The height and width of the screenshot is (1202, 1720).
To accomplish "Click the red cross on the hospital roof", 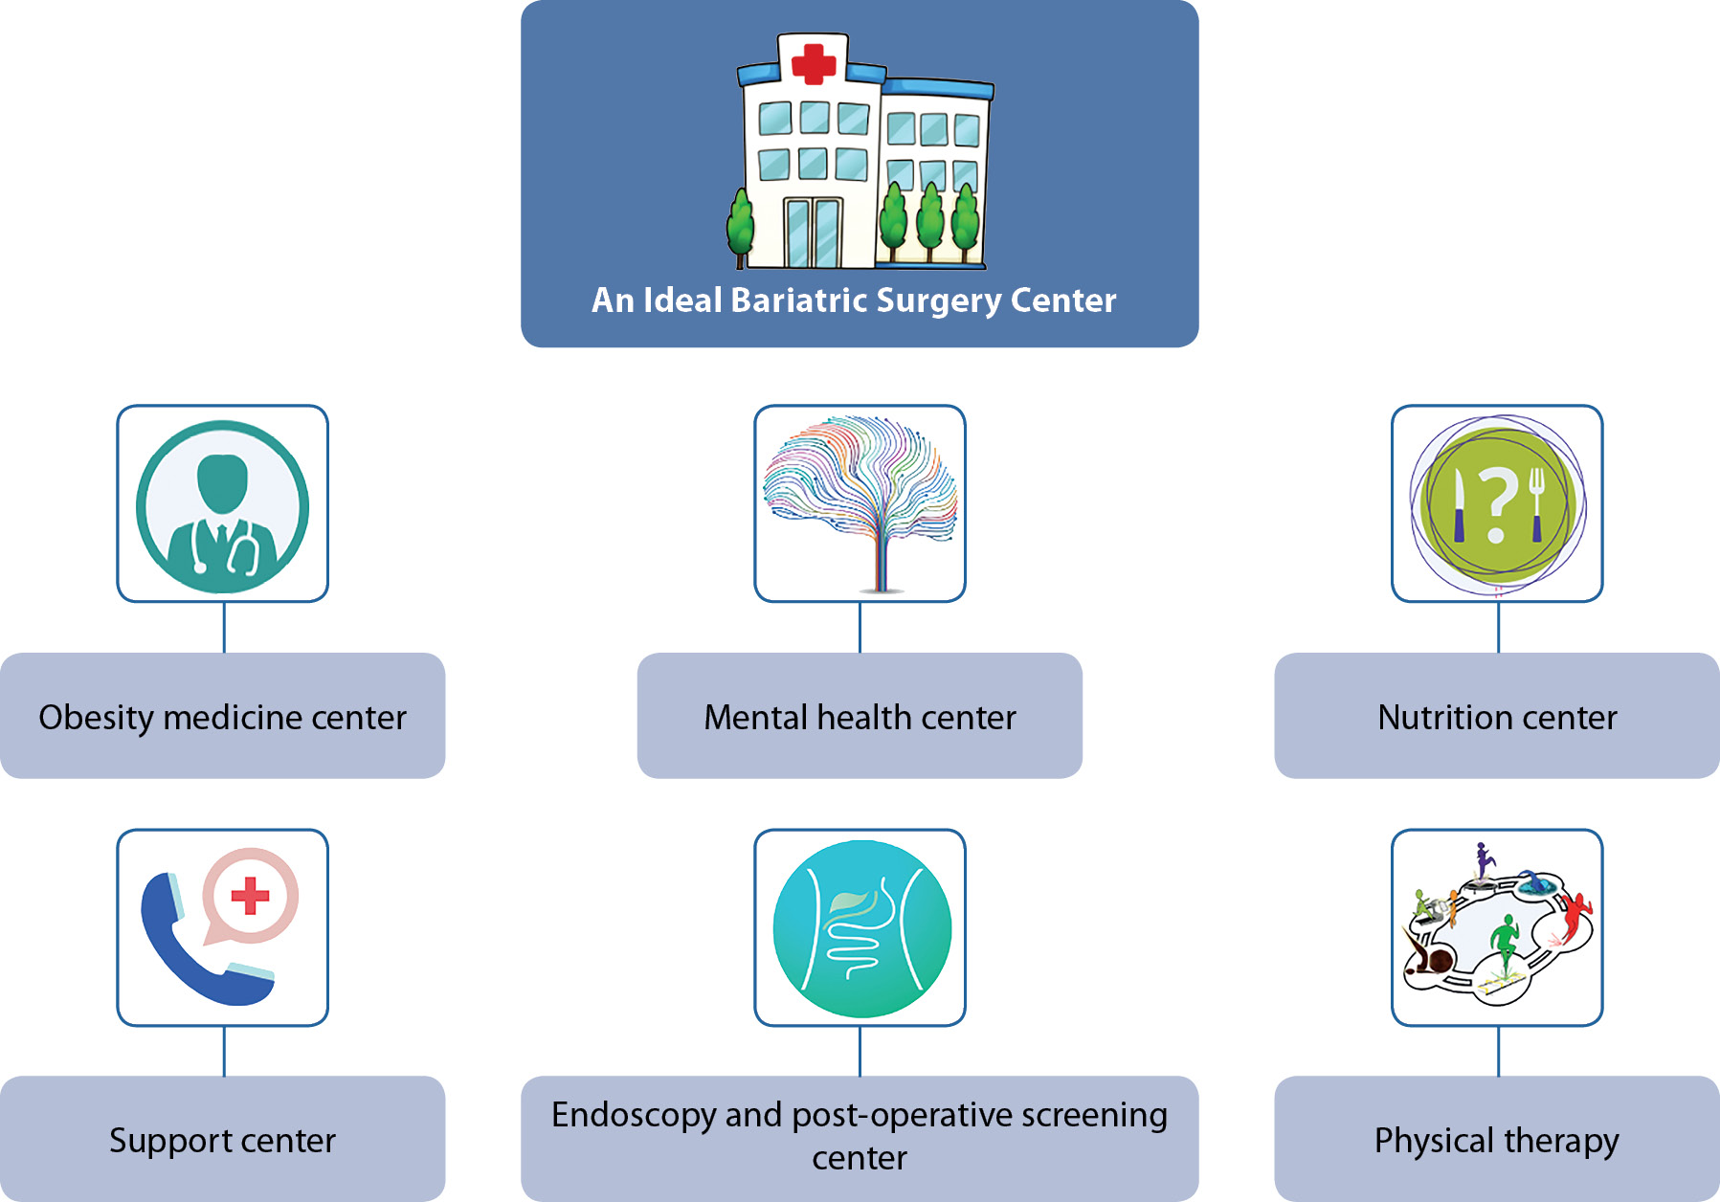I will point(813,63).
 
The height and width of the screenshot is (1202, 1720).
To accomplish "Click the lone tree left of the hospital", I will point(740,227).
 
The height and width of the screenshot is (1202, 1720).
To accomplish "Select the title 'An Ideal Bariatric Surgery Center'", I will point(854,300).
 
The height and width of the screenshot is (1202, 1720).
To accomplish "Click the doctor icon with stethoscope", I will point(222,506).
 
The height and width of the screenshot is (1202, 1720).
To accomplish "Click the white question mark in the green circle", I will point(1498,503).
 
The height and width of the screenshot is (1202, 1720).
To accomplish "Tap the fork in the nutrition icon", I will point(1536,503).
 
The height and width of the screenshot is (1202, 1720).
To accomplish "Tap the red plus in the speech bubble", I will point(251,896).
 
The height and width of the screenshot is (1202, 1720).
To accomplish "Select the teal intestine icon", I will point(861,928).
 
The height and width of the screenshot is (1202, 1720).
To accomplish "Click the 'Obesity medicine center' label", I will point(222,717).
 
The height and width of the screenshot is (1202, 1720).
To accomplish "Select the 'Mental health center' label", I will point(860,717).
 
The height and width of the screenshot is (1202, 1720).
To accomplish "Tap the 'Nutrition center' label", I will point(1497,717).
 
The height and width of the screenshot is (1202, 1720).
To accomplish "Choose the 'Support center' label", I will point(222,1140).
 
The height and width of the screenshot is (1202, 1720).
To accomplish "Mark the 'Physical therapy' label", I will point(1496,1140).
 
